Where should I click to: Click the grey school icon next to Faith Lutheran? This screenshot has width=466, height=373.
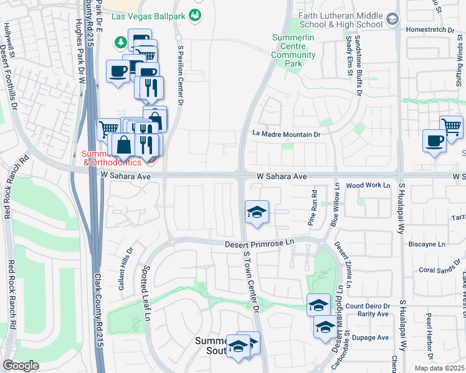click(392, 19)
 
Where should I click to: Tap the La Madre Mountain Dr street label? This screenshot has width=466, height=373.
click(286, 134)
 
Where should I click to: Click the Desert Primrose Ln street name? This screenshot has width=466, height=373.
click(259, 245)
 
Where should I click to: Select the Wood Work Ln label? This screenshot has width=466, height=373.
click(368, 185)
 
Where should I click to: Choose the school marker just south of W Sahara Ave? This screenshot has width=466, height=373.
click(256, 211)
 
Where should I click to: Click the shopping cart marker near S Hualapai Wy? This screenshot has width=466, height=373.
click(451, 126)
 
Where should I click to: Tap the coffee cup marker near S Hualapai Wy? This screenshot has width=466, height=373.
click(434, 140)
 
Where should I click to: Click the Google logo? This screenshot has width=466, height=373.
click(20, 365)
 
